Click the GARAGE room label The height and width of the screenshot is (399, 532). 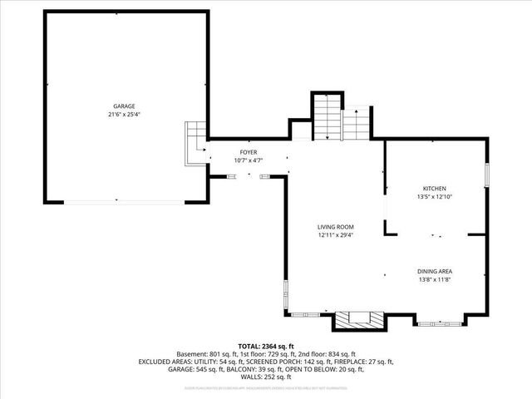tap(124, 106)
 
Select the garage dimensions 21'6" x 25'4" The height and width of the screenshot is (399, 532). tap(124, 115)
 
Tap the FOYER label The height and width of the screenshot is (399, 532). tap(248, 152)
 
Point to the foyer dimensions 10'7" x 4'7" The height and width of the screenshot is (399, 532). tap(248, 160)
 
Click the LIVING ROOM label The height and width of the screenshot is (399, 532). tap(336, 226)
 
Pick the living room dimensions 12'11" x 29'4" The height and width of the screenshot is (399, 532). tap(336, 234)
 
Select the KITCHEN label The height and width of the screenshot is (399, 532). tap(435, 188)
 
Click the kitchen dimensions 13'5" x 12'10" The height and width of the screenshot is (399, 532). tap(435, 197)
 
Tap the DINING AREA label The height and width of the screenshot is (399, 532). tap(435, 271)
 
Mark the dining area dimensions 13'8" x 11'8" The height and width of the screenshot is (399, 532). tap(435, 280)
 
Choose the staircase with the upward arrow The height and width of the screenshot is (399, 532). tap(357, 125)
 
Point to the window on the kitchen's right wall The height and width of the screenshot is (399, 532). tap(486, 180)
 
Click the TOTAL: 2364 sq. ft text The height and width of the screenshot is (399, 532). tap(266, 346)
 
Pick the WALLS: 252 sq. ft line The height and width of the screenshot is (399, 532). tap(266, 377)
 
